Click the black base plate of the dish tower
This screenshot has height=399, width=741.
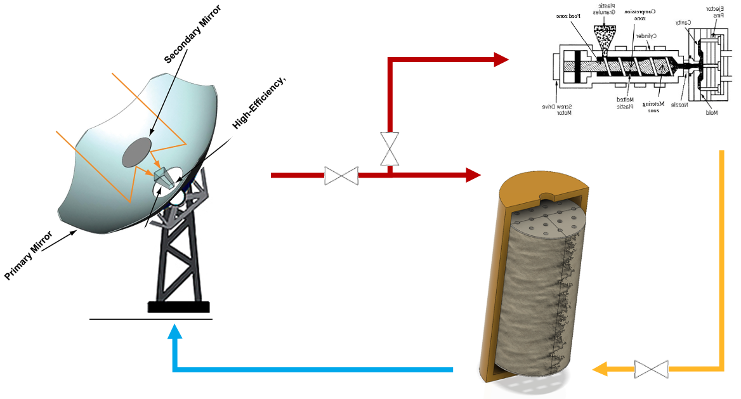(178, 307)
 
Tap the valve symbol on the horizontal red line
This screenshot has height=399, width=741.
(341, 176)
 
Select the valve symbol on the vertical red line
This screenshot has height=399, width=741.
(390, 149)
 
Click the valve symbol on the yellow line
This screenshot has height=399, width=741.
(652, 369)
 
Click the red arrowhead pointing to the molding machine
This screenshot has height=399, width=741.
(501, 60)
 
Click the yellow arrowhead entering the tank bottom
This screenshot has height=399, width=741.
(600, 369)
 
